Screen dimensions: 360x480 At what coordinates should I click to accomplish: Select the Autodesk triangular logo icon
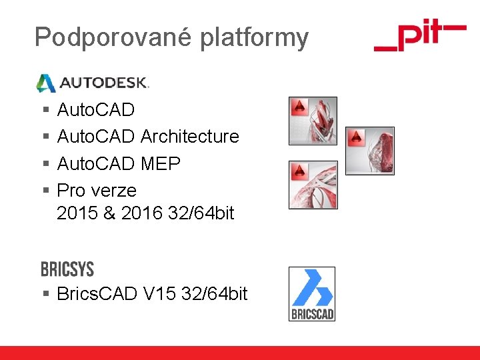45,83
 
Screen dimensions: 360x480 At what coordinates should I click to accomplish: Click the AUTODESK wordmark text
103,83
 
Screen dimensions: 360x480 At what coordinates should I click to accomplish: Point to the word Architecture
190,137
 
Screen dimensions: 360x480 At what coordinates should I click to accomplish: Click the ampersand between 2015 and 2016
109,214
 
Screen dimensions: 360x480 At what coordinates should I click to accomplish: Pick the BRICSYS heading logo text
67,269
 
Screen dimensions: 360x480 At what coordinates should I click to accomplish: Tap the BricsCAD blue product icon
311,293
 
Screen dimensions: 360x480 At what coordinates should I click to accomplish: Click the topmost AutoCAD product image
313,121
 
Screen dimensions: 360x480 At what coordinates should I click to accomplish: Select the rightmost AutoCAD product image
370,151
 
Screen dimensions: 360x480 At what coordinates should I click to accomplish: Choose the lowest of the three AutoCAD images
313,185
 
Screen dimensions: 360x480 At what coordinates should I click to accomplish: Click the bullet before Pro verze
45,191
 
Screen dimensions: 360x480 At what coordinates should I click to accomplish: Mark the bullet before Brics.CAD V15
45,293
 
